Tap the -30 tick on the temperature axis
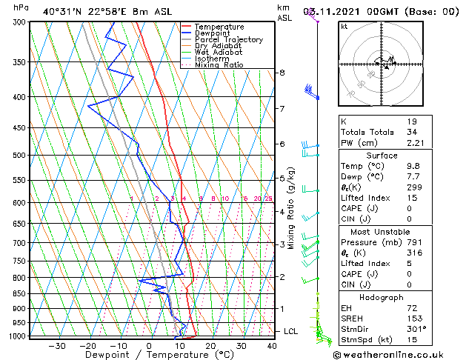[56, 346]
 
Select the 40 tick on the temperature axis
[273, 346]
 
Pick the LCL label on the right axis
[291, 331]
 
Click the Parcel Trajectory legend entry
[228, 40]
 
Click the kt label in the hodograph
[344, 26]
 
